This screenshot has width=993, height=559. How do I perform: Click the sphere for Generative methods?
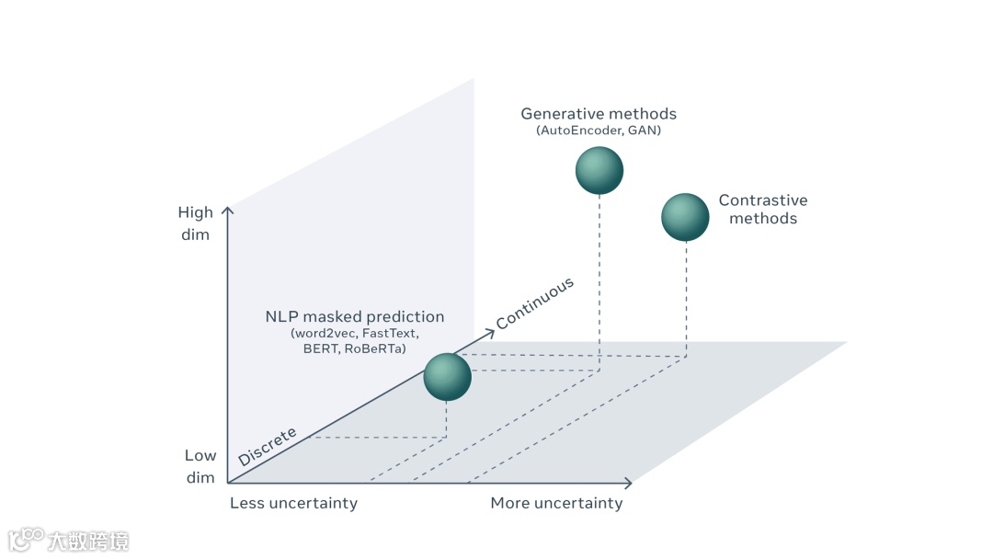[599, 171]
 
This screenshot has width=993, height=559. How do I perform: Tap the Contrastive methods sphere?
[685, 217]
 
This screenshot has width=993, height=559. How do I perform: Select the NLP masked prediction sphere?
[448, 377]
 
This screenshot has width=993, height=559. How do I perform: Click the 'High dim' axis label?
[194, 223]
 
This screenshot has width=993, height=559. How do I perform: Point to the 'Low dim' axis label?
[200, 466]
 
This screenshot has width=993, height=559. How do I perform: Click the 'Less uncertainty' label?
[293, 503]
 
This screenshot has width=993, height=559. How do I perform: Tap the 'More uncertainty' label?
[556, 503]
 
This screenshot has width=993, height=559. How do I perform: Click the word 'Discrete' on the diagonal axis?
[267, 446]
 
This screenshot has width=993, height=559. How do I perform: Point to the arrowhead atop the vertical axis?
[228, 211]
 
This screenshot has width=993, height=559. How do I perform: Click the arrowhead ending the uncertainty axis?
[628, 483]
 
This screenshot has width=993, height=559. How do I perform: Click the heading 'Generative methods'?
[599, 114]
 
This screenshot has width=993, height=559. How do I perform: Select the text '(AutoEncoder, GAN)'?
[599, 131]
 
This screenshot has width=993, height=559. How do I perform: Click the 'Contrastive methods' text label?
[763, 209]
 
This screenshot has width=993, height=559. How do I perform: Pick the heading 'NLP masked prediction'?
[355, 316]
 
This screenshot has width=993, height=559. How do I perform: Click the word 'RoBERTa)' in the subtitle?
[375, 348]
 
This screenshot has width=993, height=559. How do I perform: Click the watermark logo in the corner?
[26, 539]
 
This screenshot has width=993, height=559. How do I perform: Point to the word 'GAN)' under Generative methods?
[645, 131]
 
